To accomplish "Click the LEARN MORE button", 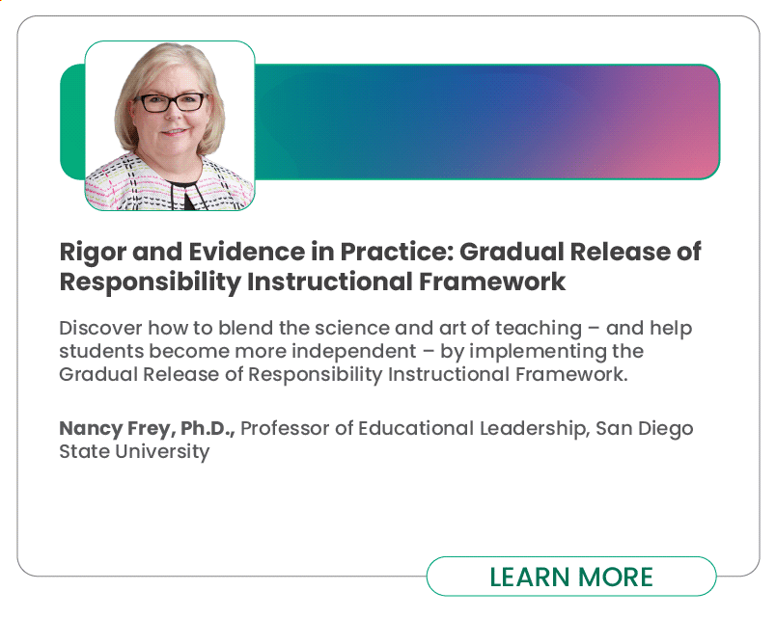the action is click(571, 576).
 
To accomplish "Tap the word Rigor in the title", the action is click(93, 253).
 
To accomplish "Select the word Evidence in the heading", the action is click(246, 252).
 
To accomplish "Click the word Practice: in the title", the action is click(397, 252).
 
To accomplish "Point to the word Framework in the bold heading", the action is click(492, 282).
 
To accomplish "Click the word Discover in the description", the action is click(100, 328).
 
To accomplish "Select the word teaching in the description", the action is click(539, 329).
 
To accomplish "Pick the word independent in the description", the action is click(353, 352).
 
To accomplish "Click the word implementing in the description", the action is click(538, 352).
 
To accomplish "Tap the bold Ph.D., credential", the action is click(208, 429).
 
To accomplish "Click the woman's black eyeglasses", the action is click(171, 102).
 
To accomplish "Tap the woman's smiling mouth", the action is click(174, 132).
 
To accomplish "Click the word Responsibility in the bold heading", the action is click(150, 282).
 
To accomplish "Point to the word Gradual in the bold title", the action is click(512, 252).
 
